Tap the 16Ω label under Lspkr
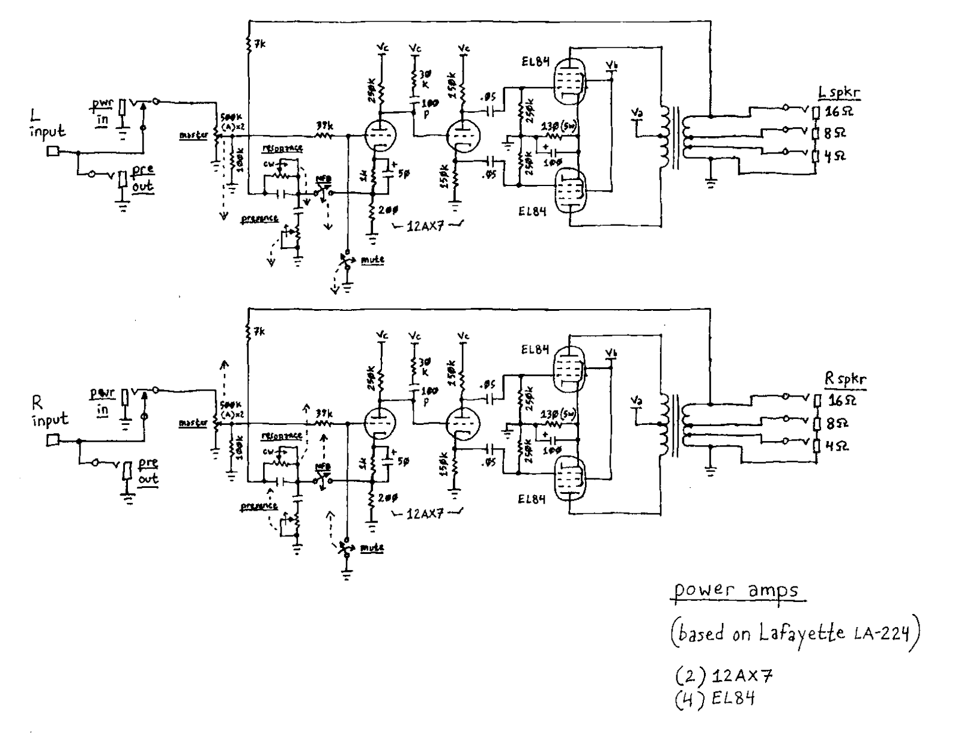pyautogui.click(x=835, y=112)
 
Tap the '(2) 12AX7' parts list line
pyautogui.click(x=723, y=676)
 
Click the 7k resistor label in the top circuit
pyautogui.click(x=259, y=44)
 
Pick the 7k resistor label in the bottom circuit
pyautogui.click(x=259, y=331)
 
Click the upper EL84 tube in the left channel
pyautogui.click(x=568, y=80)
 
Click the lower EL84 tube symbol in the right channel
pyautogui.click(x=569, y=478)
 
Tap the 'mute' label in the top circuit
pyautogui.click(x=372, y=260)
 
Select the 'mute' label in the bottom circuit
pyautogui.click(x=372, y=547)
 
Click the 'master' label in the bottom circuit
pyautogui.click(x=193, y=423)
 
